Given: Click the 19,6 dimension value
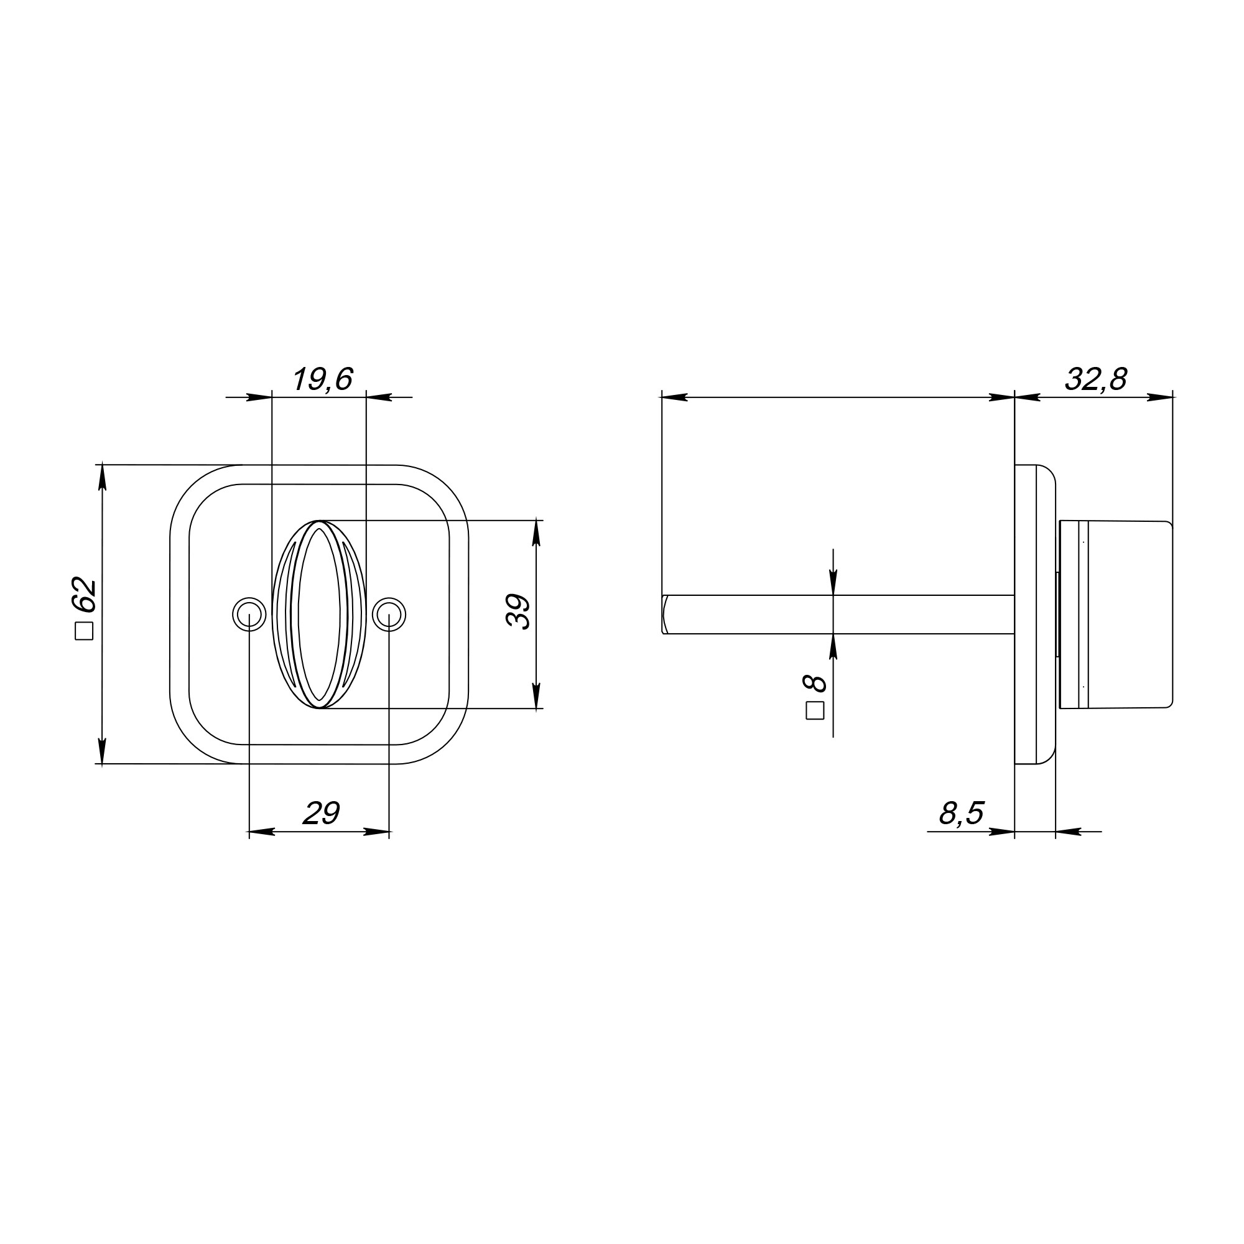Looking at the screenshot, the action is [323, 379].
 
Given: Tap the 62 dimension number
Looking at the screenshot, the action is [85, 596].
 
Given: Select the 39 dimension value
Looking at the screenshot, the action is [517, 611].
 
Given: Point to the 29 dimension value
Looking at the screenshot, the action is [321, 813].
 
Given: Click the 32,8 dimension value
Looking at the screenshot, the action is [1096, 379].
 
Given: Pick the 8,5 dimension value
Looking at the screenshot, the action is [962, 813].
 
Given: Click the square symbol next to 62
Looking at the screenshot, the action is [85, 631].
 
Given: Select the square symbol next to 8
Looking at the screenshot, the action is [815, 710].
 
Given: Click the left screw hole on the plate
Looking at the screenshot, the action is [249, 615].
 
